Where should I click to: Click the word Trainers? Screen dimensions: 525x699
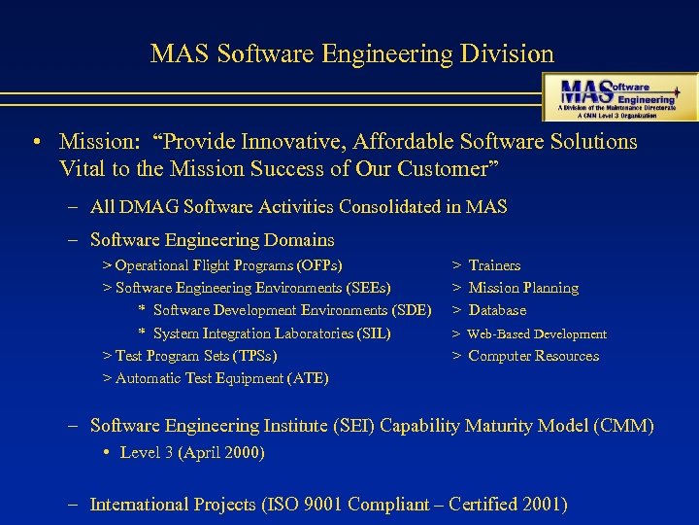[x=494, y=265]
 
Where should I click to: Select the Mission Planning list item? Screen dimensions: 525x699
[x=522, y=288]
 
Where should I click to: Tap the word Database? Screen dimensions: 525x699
[x=497, y=310]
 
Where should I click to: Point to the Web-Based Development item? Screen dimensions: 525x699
[x=537, y=333]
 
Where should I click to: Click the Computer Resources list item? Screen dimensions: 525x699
[x=533, y=356]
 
